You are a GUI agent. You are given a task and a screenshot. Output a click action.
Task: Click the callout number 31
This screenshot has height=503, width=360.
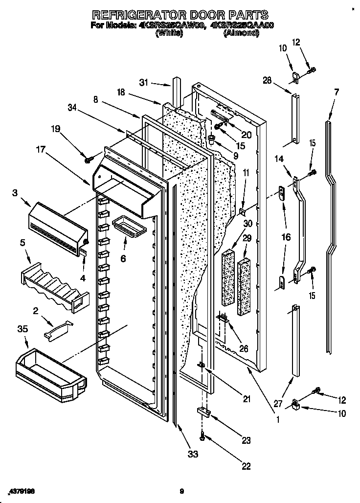143,83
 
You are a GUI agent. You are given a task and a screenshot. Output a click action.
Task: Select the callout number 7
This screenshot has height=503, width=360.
336,91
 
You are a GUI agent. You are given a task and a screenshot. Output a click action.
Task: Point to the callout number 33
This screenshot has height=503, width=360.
193,454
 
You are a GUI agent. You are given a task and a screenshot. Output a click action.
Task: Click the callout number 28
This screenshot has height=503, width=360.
267,80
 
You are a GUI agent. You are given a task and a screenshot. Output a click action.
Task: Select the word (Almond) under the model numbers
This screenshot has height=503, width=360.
241,33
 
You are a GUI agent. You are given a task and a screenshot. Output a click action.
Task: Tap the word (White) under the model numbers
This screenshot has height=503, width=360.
169,33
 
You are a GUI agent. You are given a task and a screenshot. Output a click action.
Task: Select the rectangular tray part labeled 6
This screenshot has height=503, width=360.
126,228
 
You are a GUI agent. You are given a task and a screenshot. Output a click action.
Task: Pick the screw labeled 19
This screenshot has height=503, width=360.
89,159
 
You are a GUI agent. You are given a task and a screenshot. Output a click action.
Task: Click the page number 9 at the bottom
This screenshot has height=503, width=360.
181,491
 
